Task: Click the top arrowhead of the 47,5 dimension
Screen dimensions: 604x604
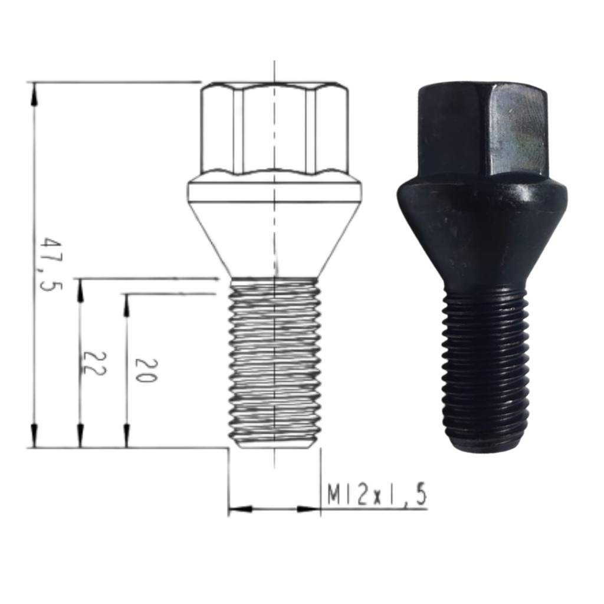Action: tap(34, 94)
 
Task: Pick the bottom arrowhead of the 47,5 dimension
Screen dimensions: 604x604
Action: tap(34, 436)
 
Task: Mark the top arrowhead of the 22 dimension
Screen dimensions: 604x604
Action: tap(80, 290)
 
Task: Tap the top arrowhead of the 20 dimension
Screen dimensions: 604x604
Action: tap(126, 306)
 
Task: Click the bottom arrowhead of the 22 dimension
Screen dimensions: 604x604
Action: tap(80, 436)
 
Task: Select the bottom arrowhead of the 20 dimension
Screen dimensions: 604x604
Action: tap(126, 436)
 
